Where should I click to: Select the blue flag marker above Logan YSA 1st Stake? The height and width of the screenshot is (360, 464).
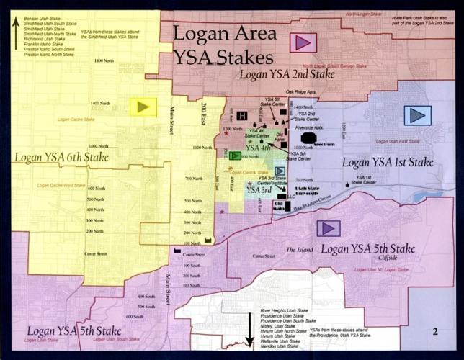[417, 114]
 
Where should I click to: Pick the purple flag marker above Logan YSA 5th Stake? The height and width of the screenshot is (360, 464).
[329, 228]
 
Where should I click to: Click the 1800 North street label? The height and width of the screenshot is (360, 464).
[105, 62]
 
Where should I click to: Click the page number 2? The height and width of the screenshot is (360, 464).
[436, 331]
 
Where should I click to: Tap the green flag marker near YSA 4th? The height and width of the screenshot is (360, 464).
[235, 156]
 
